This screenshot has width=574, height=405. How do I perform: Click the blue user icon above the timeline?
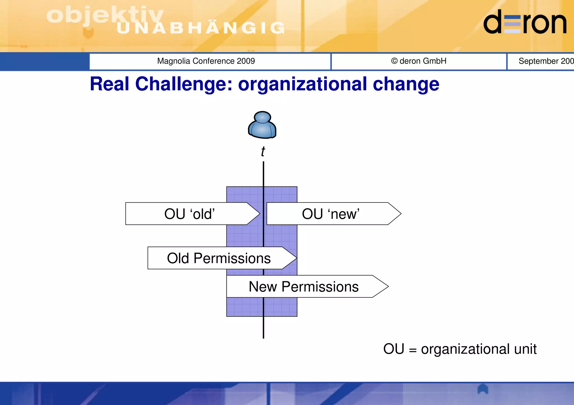coord(262,125)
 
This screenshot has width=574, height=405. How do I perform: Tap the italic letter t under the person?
coord(263,151)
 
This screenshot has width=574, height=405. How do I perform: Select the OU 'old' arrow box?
coord(189,214)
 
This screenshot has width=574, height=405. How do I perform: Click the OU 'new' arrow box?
coord(331,214)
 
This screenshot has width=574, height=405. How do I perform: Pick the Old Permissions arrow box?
coord(219,258)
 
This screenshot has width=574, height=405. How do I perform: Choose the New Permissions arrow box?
coord(304,287)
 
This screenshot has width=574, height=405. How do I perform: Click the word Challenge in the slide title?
coord(184,84)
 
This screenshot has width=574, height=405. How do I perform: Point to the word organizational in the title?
coord(302,84)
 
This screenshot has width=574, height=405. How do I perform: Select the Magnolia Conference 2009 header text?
coord(206,61)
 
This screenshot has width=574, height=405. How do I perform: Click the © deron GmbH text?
coord(419,61)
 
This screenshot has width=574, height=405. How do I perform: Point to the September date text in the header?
coord(545,61)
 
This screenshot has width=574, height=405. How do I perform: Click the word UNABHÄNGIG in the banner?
coord(201,28)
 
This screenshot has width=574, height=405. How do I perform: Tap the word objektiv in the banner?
coord(105,15)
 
